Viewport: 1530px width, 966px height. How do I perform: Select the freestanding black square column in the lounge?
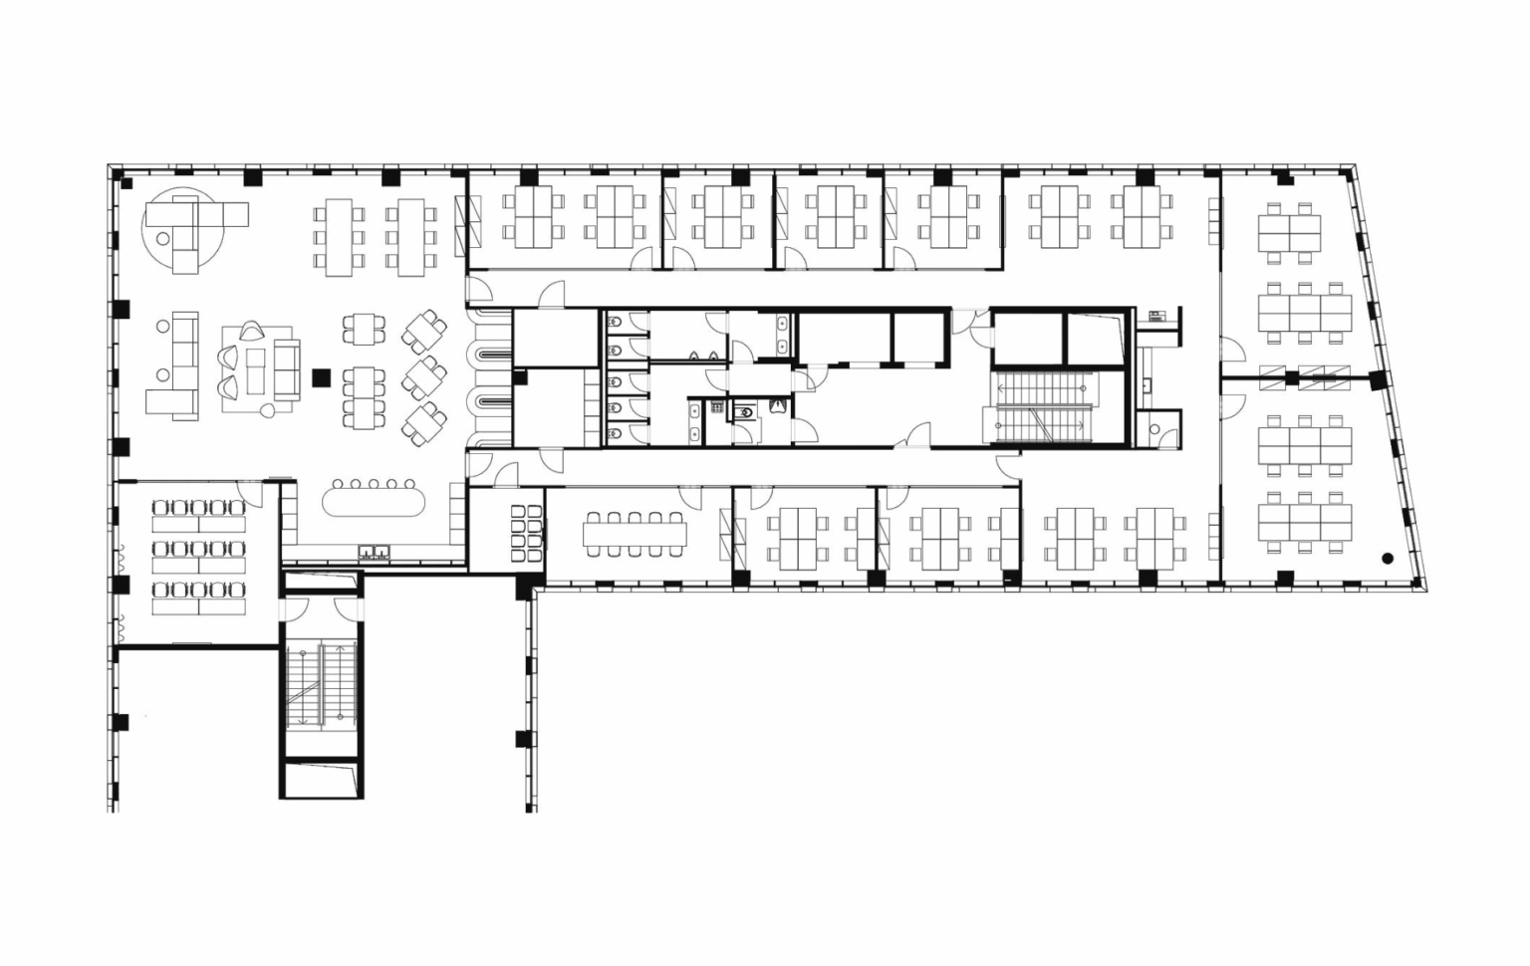tap(321, 376)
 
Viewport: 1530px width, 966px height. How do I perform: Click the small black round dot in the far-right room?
tap(1387, 559)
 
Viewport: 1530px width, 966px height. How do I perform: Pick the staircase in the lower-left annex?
tap(321, 686)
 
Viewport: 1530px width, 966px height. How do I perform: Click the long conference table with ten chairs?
tap(636, 535)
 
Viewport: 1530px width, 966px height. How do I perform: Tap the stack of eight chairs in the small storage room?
tap(527, 534)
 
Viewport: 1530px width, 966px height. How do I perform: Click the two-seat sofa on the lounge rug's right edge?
tap(287, 369)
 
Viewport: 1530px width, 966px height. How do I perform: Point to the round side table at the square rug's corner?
tap(268, 410)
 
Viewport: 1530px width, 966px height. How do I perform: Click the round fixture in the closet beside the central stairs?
tap(1153, 430)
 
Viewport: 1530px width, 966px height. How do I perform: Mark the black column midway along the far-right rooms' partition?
tap(1292, 377)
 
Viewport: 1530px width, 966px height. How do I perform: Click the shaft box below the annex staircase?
tap(321, 778)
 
